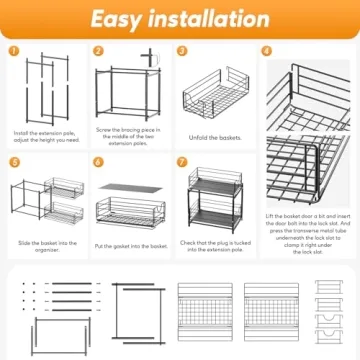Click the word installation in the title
click(211, 18)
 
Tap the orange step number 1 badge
click(15, 50)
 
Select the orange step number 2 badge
click(99, 50)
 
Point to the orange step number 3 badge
click(182, 50)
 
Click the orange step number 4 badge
click(267, 50)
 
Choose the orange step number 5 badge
click(15, 160)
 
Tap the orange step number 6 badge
click(99, 160)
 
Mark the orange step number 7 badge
click(182, 160)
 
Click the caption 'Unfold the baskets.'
click(216, 136)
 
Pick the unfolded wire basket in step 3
click(216, 95)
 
